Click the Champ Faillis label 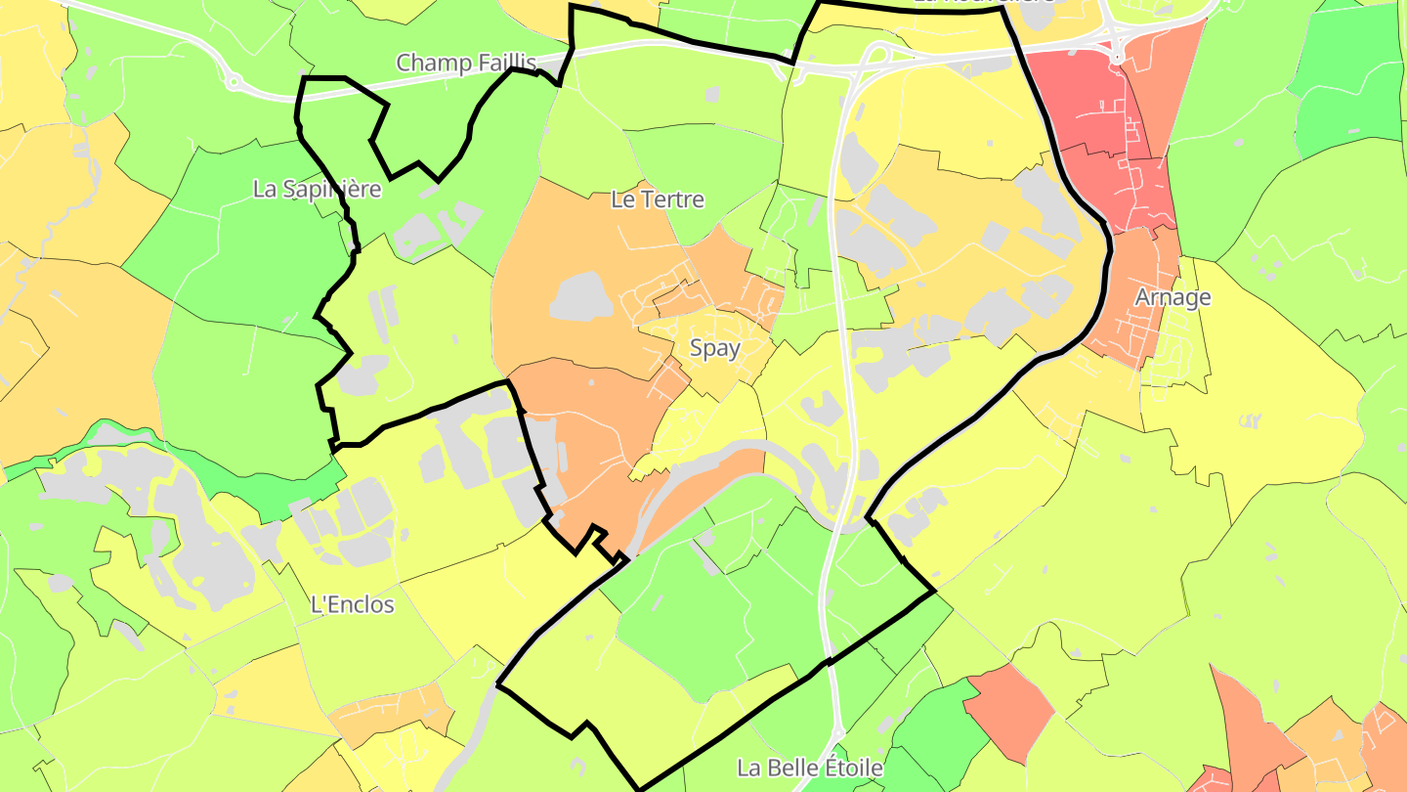(466, 64)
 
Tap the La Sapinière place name (316, 190)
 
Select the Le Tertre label (657, 199)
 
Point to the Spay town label (714, 348)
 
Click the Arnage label (1172, 297)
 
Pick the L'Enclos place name (352, 604)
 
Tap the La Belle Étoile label (810, 768)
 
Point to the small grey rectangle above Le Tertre (711, 95)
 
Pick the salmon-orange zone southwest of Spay (586, 430)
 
